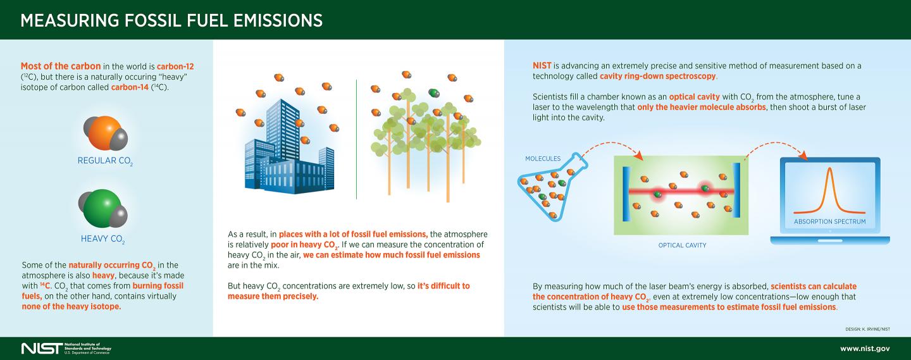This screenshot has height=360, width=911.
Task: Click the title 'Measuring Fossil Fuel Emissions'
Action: coord(171,20)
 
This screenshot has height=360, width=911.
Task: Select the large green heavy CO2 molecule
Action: coord(100,208)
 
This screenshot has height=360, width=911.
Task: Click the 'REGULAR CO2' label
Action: coord(105,161)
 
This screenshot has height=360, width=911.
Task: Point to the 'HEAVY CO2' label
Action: coord(102,239)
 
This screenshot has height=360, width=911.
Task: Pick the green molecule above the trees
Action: coord(433,93)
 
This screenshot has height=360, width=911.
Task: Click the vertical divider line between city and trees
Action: coord(356,139)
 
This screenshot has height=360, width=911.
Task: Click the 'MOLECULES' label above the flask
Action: coord(543,159)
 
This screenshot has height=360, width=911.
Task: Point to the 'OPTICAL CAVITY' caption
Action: coord(682,245)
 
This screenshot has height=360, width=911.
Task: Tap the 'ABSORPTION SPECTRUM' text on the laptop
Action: coord(829,222)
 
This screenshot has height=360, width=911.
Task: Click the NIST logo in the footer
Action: coord(42,349)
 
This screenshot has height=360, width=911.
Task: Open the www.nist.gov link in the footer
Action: coord(865,349)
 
